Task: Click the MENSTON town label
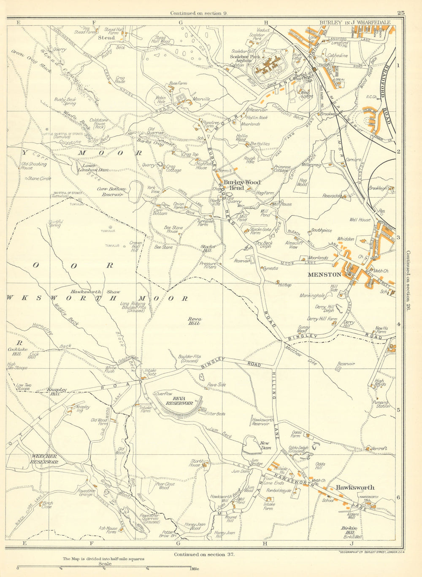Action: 324,274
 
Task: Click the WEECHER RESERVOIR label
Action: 44,459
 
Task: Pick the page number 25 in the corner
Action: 400,13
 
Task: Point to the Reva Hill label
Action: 195,321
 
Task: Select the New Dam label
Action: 265,445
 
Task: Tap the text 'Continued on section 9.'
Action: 199,13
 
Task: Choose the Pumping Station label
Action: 381,405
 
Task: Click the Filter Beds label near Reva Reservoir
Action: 215,414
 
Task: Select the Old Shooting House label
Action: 34,166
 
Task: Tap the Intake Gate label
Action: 150,373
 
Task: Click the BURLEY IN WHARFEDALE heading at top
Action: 354,22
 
